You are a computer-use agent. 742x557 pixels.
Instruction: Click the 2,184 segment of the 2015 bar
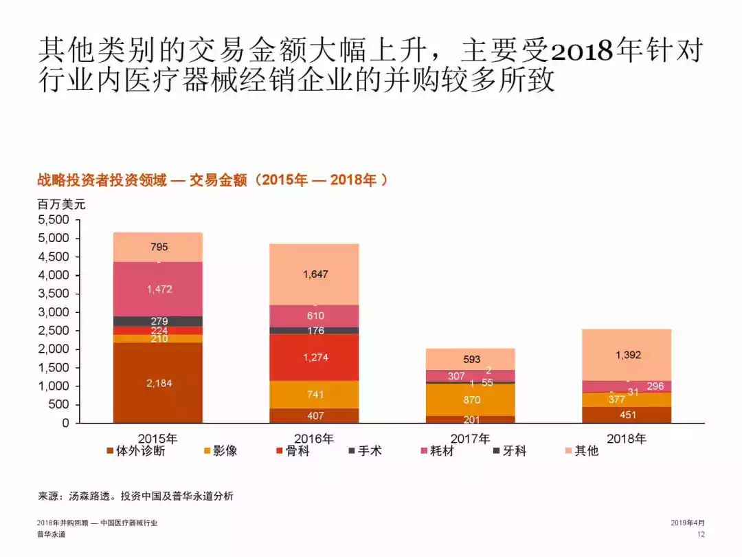click(x=158, y=383)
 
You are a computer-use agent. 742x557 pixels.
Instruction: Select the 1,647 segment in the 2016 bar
click(x=315, y=274)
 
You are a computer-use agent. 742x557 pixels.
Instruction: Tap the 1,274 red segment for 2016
click(x=315, y=357)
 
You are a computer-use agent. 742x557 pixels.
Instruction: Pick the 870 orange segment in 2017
click(x=471, y=400)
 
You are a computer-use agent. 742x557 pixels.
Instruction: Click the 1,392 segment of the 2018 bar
click(x=627, y=355)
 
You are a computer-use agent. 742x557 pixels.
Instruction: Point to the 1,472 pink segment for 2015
click(x=158, y=290)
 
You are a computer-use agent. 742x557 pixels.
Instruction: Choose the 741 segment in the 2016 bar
click(x=315, y=395)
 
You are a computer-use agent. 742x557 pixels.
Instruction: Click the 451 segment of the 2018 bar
click(x=627, y=415)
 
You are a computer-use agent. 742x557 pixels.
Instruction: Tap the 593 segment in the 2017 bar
click(x=471, y=359)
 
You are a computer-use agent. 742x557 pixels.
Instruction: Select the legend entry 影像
click(x=221, y=451)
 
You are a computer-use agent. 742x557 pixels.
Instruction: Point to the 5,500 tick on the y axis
click(x=54, y=220)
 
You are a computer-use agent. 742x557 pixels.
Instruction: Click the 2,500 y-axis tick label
click(x=54, y=331)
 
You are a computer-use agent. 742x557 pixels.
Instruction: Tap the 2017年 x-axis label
click(x=471, y=438)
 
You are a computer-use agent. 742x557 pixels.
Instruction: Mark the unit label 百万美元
click(x=61, y=204)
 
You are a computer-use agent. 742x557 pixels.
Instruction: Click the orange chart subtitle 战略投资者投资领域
click(x=102, y=180)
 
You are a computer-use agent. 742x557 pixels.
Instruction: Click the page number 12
click(x=701, y=534)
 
